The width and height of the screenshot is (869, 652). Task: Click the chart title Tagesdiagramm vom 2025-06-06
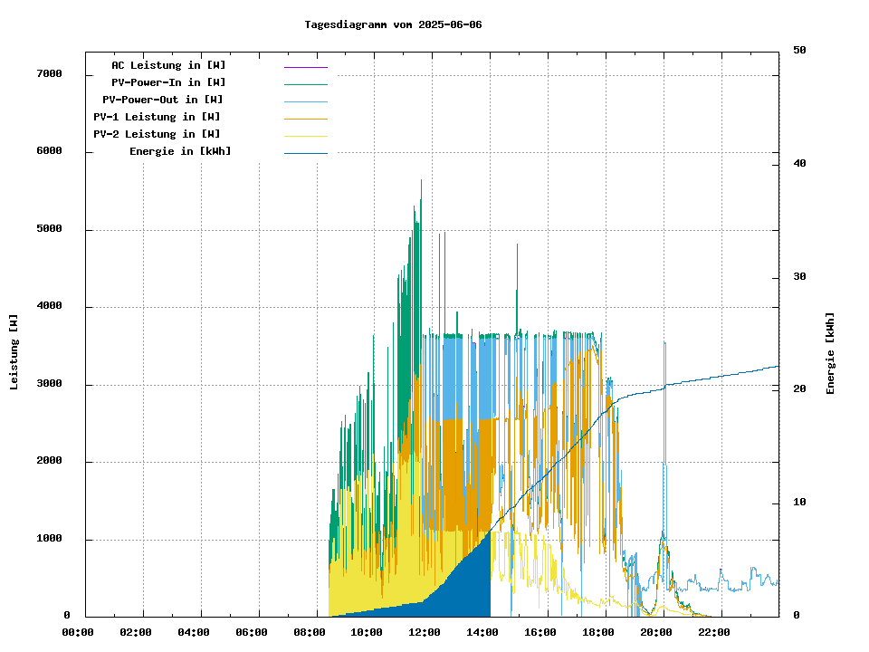[393, 24]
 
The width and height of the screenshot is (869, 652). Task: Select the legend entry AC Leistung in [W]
[168, 65]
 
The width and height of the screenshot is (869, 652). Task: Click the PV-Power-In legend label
[175, 82]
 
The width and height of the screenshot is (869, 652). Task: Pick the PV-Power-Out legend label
[162, 100]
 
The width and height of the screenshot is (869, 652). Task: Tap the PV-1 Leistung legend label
[157, 117]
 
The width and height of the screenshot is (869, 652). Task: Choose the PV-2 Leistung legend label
[157, 134]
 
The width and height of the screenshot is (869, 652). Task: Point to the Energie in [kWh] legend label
[180, 151]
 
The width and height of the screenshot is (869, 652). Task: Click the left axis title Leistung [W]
[14, 351]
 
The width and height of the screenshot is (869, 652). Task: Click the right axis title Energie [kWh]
[830, 353]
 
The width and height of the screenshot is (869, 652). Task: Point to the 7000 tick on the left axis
[49, 73]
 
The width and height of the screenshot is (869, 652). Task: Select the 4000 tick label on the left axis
[49, 306]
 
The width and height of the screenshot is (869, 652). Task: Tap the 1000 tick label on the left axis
[49, 539]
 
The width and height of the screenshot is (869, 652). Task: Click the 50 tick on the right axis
[799, 50]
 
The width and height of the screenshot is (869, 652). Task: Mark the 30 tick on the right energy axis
[799, 276]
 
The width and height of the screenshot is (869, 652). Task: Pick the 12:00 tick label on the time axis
[425, 632]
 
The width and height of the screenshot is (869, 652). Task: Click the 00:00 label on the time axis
[78, 632]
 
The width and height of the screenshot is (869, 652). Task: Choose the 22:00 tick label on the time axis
[713, 632]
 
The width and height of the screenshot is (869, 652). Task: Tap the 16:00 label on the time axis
[540, 632]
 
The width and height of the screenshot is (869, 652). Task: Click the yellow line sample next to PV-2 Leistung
[305, 135]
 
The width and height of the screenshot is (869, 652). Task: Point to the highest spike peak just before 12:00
[421, 180]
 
